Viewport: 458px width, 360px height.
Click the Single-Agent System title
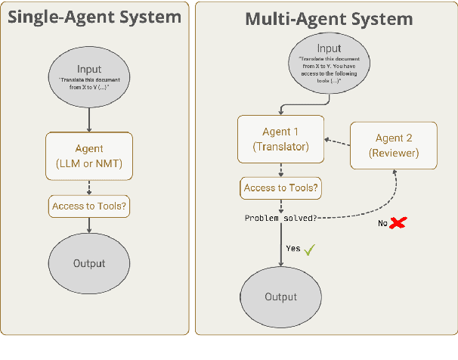(94, 16)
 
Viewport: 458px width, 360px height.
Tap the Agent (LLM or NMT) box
(89, 156)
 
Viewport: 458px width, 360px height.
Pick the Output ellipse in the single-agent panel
(89, 263)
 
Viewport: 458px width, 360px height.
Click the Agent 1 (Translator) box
(281, 139)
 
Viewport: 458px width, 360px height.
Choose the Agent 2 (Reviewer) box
(394, 145)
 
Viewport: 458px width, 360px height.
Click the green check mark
(308, 248)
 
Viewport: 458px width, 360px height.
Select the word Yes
(292, 248)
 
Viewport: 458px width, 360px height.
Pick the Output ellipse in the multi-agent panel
(281, 296)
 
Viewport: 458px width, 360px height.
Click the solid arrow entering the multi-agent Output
(281, 246)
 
